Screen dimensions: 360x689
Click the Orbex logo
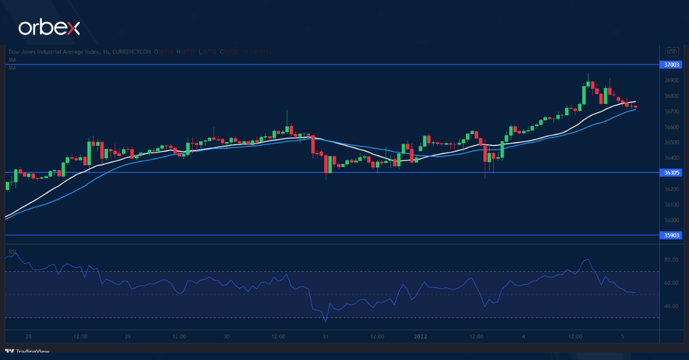coord(49,27)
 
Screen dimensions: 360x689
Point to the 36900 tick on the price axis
coord(671,80)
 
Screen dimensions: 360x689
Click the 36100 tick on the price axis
coord(671,204)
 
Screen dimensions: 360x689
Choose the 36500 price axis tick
coord(671,142)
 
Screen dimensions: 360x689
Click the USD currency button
coord(671,51)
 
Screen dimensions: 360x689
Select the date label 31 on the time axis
coord(325,336)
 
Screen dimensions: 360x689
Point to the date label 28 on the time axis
coord(29,336)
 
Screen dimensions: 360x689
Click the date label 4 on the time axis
coord(523,336)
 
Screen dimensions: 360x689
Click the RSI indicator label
coord(11,251)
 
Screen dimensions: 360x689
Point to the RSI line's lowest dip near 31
coord(325,322)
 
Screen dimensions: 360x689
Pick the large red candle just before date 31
coord(313,144)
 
